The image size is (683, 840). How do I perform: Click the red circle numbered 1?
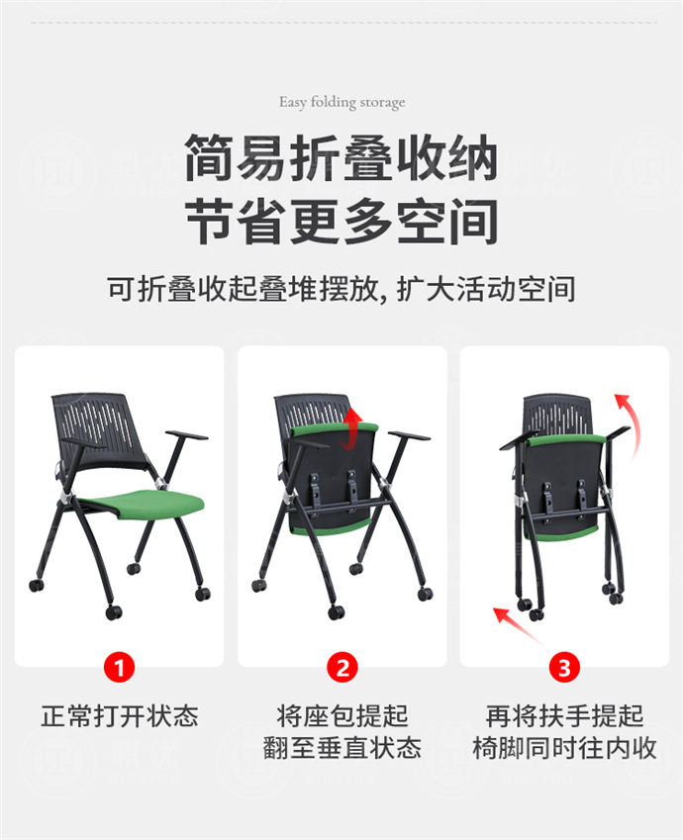click(119, 668)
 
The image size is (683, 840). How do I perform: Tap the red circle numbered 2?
click(341, 668)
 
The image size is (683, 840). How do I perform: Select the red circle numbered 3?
click(564, 668)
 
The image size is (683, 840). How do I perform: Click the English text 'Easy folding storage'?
click(341, 102)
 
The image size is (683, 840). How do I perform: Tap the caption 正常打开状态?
click(119, 715)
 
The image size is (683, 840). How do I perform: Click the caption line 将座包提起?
click(341, 715)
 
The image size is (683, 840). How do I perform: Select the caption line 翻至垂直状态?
click(341, 748)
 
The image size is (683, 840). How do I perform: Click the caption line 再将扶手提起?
click(564, 715)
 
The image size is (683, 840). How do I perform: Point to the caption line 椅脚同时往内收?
click(564, 748)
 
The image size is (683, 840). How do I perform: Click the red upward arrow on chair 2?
click(348, 426)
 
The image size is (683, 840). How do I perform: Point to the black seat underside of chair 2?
click(332, 480)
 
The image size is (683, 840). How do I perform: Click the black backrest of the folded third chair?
click(556, 414)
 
